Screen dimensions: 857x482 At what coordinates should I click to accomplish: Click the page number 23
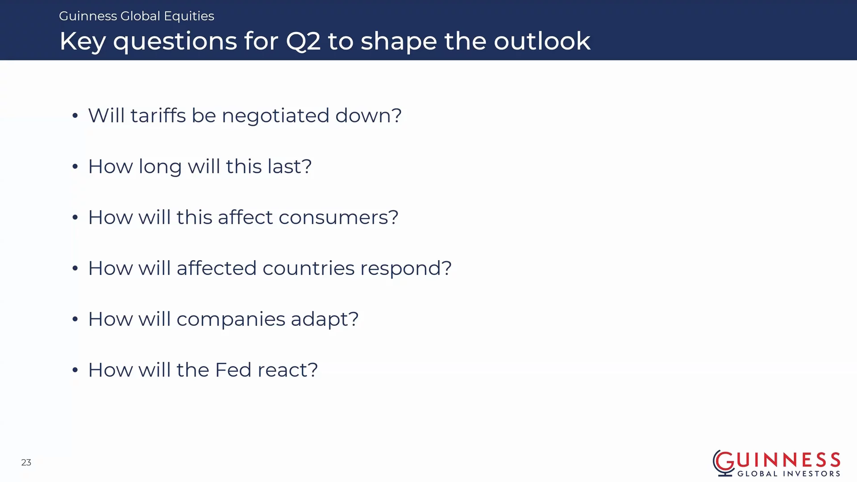[26, 462]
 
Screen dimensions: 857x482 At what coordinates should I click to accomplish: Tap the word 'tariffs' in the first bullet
[158, 115]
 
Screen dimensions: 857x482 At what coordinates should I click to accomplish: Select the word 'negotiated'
[275, 116]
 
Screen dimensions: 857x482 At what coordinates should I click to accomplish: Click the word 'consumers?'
[338, 217]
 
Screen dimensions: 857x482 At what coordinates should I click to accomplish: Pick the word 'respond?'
[406, 269]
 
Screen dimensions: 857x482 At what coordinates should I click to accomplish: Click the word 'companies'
[231, 320]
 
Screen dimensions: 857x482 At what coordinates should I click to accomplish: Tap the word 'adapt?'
[324, 320]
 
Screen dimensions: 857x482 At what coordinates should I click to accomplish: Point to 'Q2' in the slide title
[303, 41]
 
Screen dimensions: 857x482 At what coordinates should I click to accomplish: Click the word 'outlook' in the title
[542, 41]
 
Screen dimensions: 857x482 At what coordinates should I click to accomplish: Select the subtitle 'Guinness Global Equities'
[137, 16]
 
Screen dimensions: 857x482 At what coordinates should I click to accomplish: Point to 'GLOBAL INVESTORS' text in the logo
[789, 474]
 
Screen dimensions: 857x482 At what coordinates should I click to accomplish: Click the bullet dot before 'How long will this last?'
[75, 167]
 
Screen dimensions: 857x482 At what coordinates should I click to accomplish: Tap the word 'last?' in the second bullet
[289, 166]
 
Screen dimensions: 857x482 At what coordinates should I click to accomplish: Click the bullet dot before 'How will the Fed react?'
[75, 370]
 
